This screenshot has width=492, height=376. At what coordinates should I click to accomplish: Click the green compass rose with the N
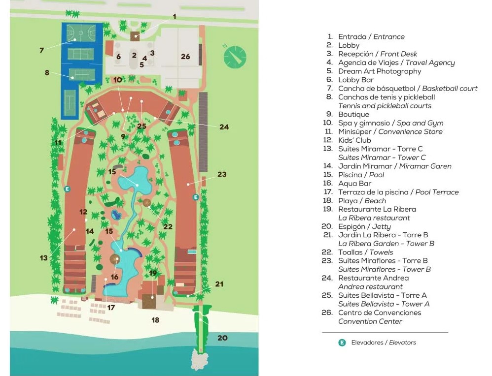point(234,56)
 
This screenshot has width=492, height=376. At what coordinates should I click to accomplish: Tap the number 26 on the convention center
point(185,57)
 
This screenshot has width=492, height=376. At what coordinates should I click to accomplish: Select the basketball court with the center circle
point(82,33)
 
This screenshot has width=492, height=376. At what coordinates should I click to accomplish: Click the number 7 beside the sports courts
point(42,50)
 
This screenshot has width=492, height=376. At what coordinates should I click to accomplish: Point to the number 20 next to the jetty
point(223,338)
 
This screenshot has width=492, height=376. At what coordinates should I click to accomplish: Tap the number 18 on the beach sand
point(155,320)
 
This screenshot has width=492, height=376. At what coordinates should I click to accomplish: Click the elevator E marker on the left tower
point(68,188)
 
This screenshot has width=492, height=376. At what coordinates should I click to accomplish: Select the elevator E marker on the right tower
point(196,197)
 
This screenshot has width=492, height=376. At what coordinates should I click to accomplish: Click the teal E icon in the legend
point(342,343)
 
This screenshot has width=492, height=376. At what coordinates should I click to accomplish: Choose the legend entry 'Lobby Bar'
point(356,80)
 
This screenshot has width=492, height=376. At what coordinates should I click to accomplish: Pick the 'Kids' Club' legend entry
point(354,140)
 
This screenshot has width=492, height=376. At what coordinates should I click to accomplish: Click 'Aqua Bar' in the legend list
point(354,184)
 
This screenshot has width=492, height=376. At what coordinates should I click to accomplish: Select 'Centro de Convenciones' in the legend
point(379,313)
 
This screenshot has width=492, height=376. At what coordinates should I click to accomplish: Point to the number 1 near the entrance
point(174,17)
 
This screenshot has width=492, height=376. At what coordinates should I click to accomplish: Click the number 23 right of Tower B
point(222,174)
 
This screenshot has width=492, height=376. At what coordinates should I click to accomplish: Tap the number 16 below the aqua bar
point(114,277)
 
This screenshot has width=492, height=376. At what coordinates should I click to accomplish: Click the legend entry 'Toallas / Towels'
point(365,252)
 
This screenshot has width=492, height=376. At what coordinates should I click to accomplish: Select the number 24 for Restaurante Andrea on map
point(224,127)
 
